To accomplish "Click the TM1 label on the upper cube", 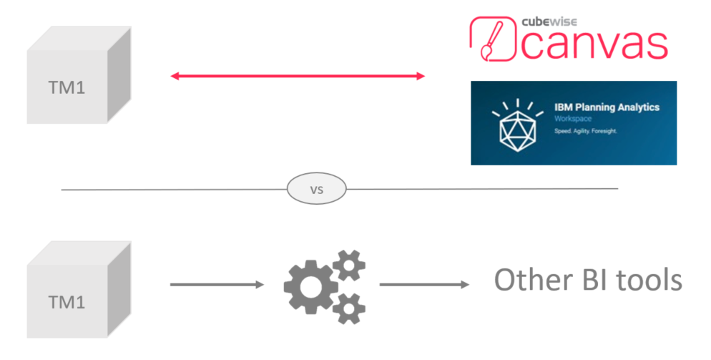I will [67, 88].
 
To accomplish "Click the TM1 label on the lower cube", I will [67, 302].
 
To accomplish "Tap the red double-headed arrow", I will [298, 75].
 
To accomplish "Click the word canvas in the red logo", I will [594, 44].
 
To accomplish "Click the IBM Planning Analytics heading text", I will [607, 107].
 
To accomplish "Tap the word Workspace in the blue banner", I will [572, 120].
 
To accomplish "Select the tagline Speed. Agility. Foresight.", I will [586, 132].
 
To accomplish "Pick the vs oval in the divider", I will [315, 189].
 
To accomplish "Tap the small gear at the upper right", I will [348, 265].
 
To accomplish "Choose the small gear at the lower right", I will [348, 306].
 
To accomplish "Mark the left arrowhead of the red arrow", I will [175, 75].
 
